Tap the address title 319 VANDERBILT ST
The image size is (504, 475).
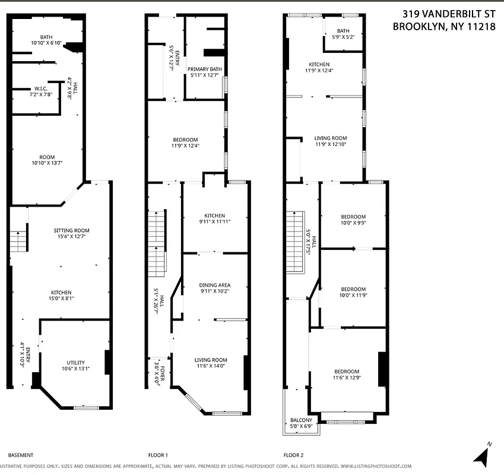pos(449,13)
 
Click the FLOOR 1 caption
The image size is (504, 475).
pos(158,455)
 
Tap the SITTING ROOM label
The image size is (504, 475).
pos(71,230)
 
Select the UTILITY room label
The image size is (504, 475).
pos(75,362)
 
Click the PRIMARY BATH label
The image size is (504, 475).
pos(205,69)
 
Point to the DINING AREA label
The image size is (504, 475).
pos(214,285)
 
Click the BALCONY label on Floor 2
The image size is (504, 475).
pos(301,420)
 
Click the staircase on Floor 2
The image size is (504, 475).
pos(295,242)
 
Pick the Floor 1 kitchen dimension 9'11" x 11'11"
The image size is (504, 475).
pos(214,221)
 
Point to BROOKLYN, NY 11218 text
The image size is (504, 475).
pos(444,26)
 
